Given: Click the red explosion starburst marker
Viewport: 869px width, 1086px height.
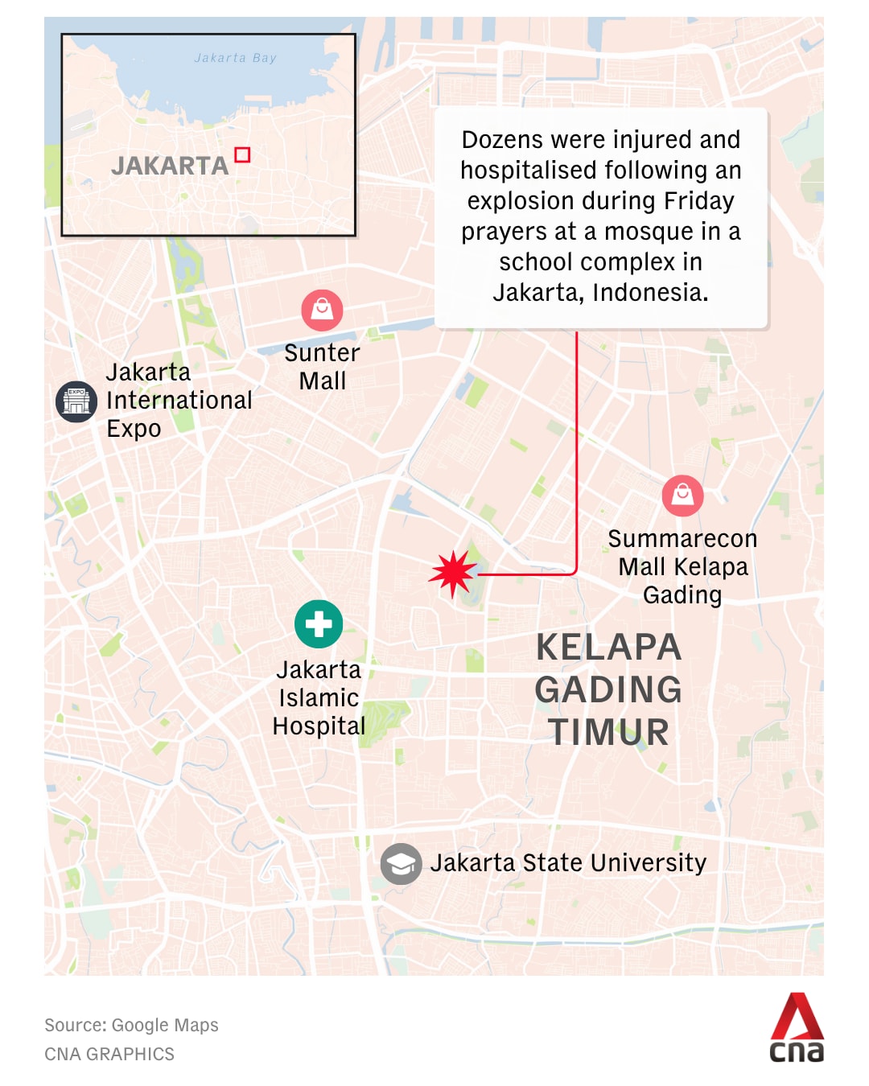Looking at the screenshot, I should point(453,574).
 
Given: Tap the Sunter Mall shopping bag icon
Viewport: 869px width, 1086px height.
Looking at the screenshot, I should point(322,310).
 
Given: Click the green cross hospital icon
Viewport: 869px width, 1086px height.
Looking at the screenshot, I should point(319,624).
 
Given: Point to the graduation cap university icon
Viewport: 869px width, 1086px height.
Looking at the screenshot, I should point(401,864).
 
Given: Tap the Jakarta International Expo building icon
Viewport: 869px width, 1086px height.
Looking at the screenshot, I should point(76,401).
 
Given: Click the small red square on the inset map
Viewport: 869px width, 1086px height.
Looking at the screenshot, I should point(242,154).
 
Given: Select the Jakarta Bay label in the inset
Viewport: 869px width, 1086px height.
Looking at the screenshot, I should point(235,58).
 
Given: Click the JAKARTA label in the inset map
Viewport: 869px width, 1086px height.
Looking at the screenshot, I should point(170,166).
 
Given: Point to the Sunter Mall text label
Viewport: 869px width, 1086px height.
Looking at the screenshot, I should point(322,367).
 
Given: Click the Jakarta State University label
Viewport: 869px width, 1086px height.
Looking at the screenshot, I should point(568,863).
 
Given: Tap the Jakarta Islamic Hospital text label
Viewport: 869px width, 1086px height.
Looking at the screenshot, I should point(319,697).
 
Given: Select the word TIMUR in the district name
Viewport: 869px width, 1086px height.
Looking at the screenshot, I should point(608,732).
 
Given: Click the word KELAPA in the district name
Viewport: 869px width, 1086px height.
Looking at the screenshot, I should point(608,648).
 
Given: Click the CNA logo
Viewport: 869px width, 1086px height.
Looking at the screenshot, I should point(797,1028).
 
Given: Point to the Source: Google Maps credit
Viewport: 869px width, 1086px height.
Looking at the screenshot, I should point(131,1025).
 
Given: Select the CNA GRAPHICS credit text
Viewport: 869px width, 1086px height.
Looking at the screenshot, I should point(109,1054).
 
